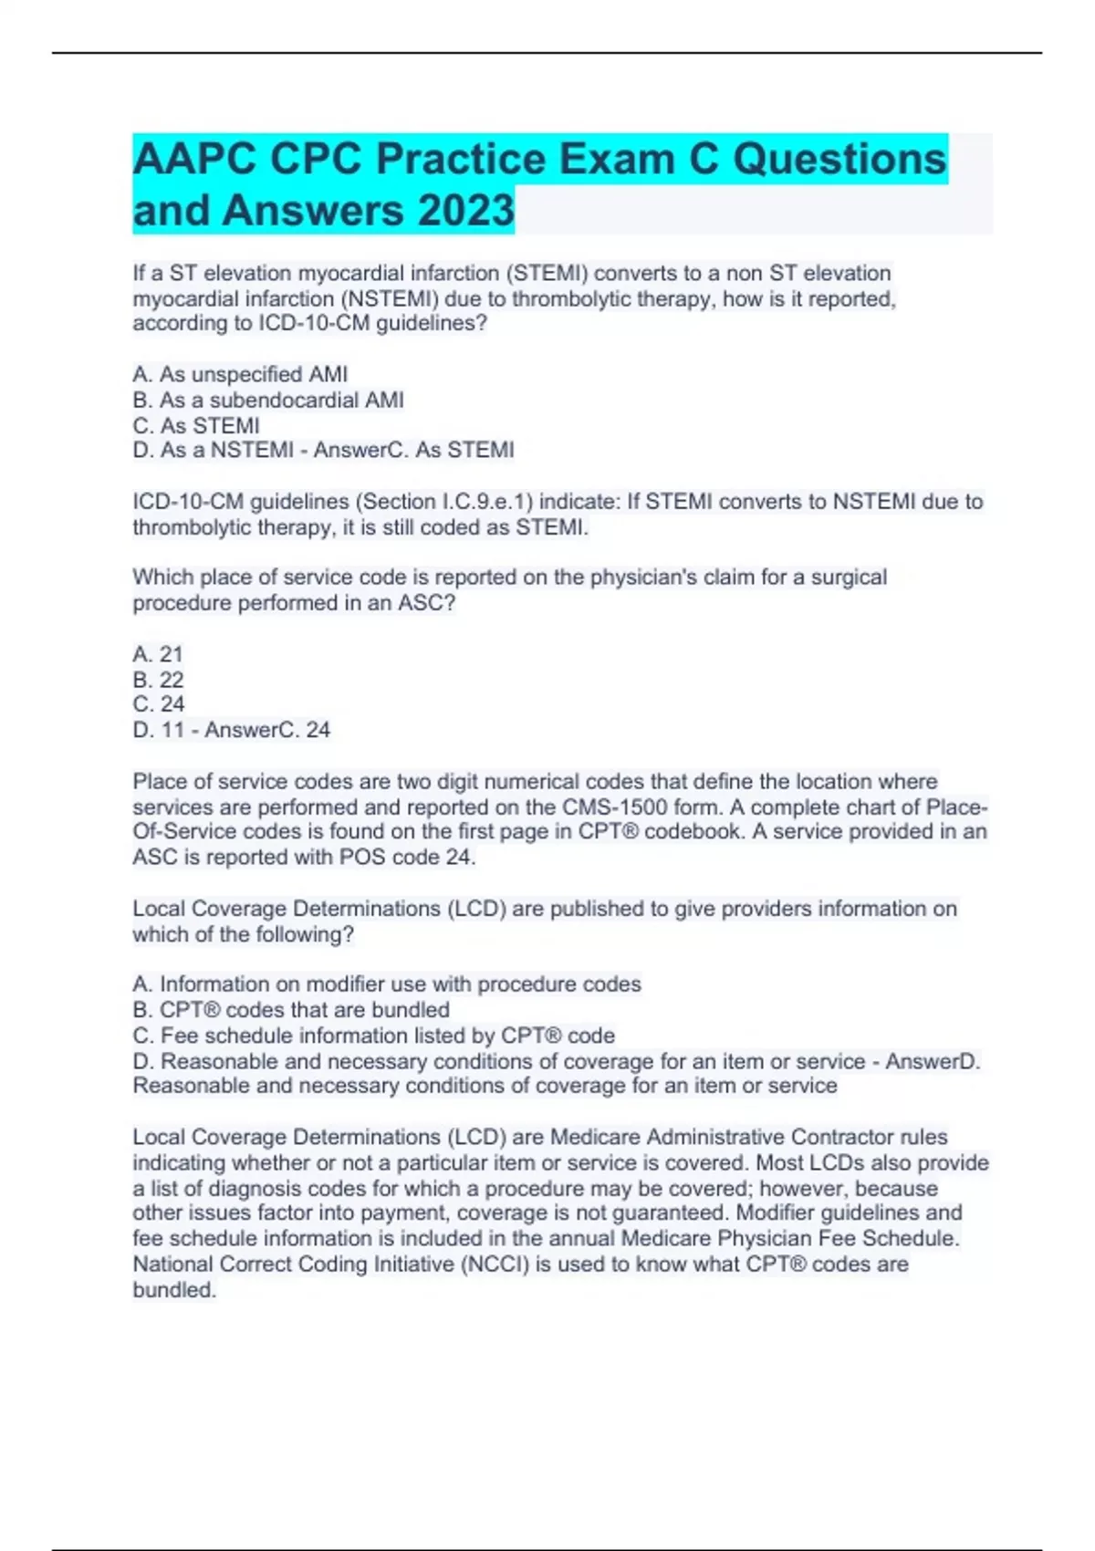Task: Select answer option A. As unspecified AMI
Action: pyautogui.click(x=240, y=374)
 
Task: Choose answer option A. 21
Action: pyautogui.click(x=158, y=654)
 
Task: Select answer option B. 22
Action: pyautogui.click(x=158, y=680)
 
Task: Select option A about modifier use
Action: pyautogui.click(x=387, y=984)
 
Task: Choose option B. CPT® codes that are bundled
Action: pyautogui.click(x=291, y=1010)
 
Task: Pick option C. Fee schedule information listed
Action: pyautogui.click(x=373, y=1036)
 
